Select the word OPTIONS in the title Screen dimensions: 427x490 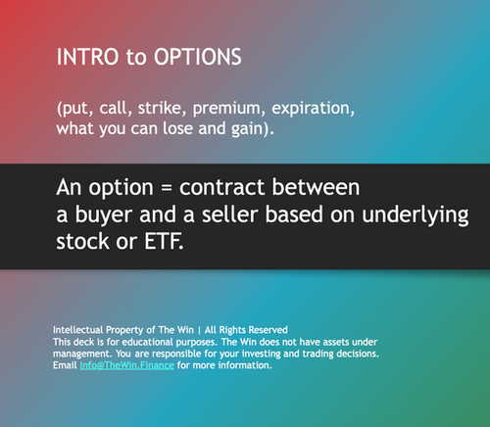[x=187, y=57]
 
